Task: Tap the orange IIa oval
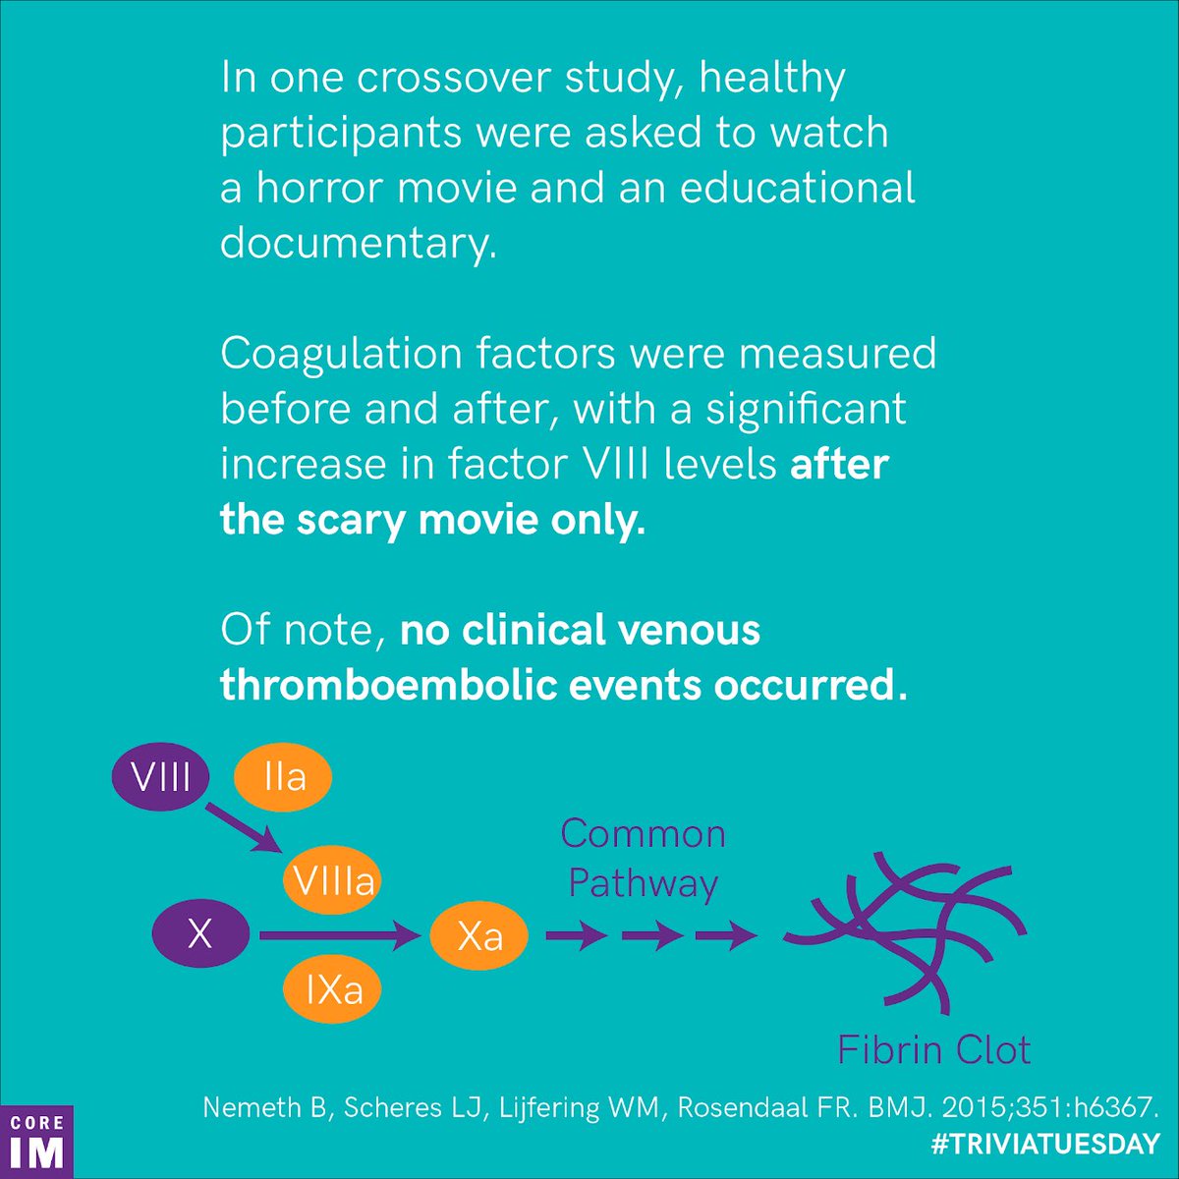[x=283, y=778]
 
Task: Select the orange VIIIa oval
[x=332, y=880]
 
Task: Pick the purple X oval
[x=200, y=933]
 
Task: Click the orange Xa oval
[x=479, y=935]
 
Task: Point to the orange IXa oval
[x=333, y=989]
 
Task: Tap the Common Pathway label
[x=644, y=859]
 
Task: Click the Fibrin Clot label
[x=933, y=1050]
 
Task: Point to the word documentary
[x=354, y=242]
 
